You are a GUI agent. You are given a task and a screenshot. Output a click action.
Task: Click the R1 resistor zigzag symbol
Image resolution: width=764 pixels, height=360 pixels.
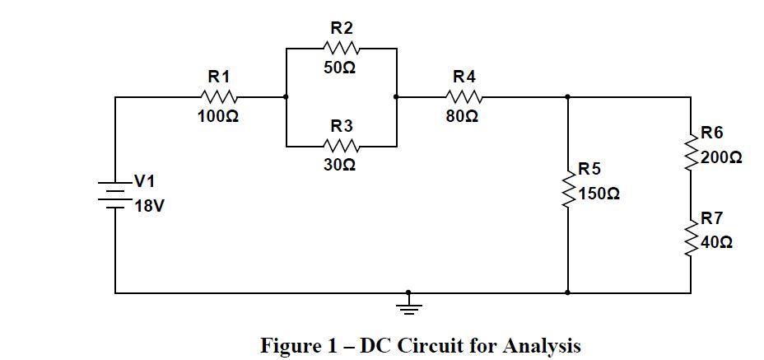click(x=218, y=97)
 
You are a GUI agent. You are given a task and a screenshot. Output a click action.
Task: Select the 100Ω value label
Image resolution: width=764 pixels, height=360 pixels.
click(x=218, y=117)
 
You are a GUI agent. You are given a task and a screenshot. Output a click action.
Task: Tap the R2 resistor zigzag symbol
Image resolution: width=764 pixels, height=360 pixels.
click(x=342, y=48)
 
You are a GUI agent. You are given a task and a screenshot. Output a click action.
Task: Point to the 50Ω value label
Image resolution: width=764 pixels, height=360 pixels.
click(x=340, y=68)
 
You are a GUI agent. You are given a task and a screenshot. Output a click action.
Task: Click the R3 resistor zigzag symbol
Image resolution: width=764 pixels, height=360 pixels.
click(x=342, y=147)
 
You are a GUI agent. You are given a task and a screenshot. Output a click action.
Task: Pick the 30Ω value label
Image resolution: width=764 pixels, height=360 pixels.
click(x=340, y=166)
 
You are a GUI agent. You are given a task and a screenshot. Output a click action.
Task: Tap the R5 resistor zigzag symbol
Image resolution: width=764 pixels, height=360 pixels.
click(x=568, y=189)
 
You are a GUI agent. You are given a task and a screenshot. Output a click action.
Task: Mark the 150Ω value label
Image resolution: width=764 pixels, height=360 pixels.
click(x=599, y=194)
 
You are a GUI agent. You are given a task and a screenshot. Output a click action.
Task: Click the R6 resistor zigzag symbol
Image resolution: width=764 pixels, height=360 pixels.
click(x=691, y=151)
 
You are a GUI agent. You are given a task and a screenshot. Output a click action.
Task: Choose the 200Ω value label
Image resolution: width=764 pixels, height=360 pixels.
click(x=722, y=157)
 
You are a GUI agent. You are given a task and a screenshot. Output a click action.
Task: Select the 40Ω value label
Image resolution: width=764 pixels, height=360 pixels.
click(x=718, y=243)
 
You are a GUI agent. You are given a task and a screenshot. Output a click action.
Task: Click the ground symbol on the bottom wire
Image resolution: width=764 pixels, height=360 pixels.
click(x=408, y=304)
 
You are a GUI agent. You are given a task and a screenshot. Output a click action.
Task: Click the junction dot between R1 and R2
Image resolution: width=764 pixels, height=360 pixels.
click(x=286, y=97)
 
